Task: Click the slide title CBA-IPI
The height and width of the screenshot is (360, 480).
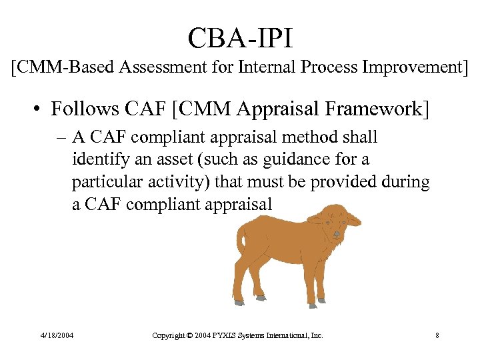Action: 240,38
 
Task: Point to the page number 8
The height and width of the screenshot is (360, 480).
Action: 437,335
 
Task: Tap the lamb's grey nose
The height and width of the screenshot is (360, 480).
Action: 337,234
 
